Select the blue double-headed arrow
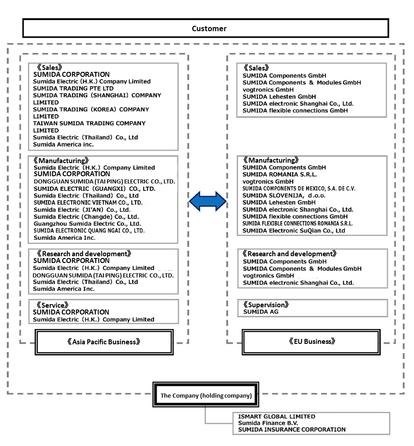click(208, 202)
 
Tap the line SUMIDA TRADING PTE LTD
click(73, 89)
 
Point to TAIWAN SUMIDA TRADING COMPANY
click(89, 123)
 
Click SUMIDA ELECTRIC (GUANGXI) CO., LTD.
click(95, 188)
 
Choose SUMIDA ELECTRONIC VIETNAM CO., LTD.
click(88, 202)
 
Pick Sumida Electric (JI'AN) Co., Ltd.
click(82, 210)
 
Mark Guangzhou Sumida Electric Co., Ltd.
click(87, 224)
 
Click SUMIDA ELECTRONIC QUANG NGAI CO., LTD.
click(89, 230)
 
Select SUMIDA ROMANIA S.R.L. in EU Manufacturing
click(279, 174)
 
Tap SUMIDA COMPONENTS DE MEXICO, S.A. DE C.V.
click(298, 188)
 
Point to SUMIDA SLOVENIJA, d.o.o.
click(284, 195)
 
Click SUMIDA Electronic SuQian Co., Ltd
click(293, 230)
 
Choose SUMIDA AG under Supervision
click(261, 312)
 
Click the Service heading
click(52, 305)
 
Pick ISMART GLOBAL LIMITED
click(277, 417)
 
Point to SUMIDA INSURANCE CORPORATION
click(292, 429)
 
